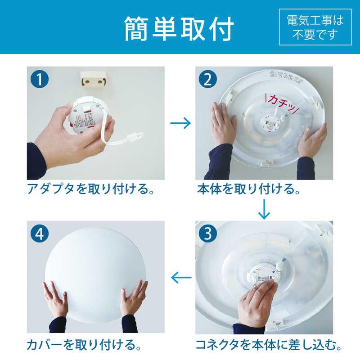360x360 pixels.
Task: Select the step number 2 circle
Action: pos(207,80)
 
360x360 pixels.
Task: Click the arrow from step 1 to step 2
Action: pos(180,123)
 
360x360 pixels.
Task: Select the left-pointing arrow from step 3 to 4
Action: pos(180,278)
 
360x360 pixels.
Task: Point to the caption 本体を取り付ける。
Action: pos(249,189)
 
